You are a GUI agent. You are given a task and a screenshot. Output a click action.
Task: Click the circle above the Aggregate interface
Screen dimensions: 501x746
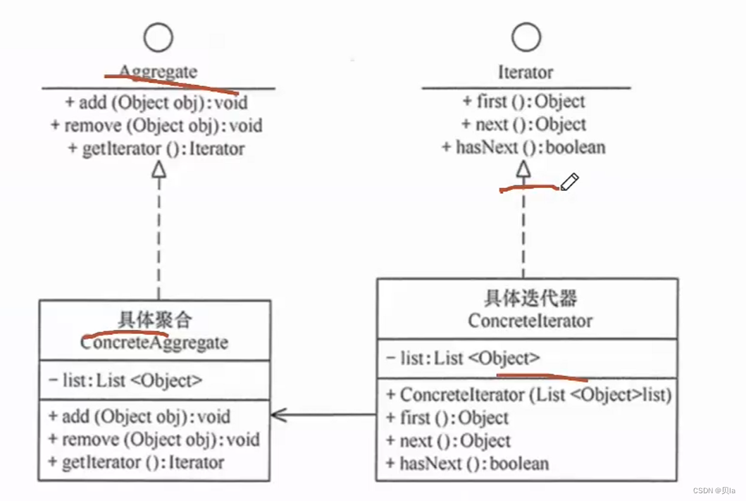coord(158,37)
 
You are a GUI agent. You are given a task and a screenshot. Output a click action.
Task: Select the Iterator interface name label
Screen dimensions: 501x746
coord(525,72)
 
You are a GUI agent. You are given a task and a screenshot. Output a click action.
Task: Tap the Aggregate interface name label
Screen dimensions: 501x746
coord(158,72)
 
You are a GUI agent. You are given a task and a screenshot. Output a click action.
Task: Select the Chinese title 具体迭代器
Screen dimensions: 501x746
coord(530,298)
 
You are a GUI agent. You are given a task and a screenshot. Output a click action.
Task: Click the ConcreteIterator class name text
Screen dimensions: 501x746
coord(530,321)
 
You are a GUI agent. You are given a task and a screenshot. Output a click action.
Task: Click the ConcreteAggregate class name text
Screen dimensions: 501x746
coord(154,342)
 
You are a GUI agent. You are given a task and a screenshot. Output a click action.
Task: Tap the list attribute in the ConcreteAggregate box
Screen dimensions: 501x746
coord(125,381)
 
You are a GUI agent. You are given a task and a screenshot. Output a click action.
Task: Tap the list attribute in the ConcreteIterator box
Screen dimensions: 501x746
coord(464,358)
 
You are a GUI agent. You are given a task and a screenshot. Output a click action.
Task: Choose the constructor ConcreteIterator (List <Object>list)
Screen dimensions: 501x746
coord(528,395)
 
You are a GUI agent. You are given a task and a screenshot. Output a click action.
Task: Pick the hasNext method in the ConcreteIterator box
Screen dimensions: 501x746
coord(467,463)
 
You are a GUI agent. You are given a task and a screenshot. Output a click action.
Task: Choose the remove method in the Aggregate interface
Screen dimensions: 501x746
coord(156,125)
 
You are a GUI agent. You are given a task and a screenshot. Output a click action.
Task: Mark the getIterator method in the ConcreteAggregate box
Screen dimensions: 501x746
coord(136,462)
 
